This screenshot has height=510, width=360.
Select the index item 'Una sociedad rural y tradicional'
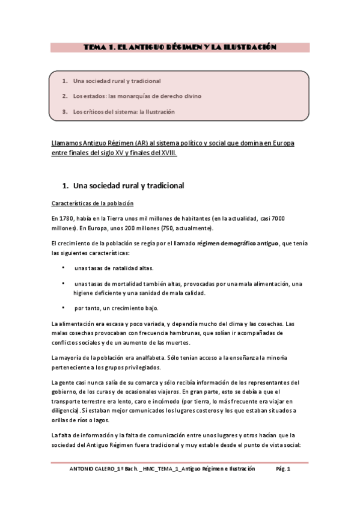(117, 81)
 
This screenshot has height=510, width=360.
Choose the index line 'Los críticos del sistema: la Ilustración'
(124, 112)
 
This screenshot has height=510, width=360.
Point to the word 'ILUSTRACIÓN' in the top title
(249, 46)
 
